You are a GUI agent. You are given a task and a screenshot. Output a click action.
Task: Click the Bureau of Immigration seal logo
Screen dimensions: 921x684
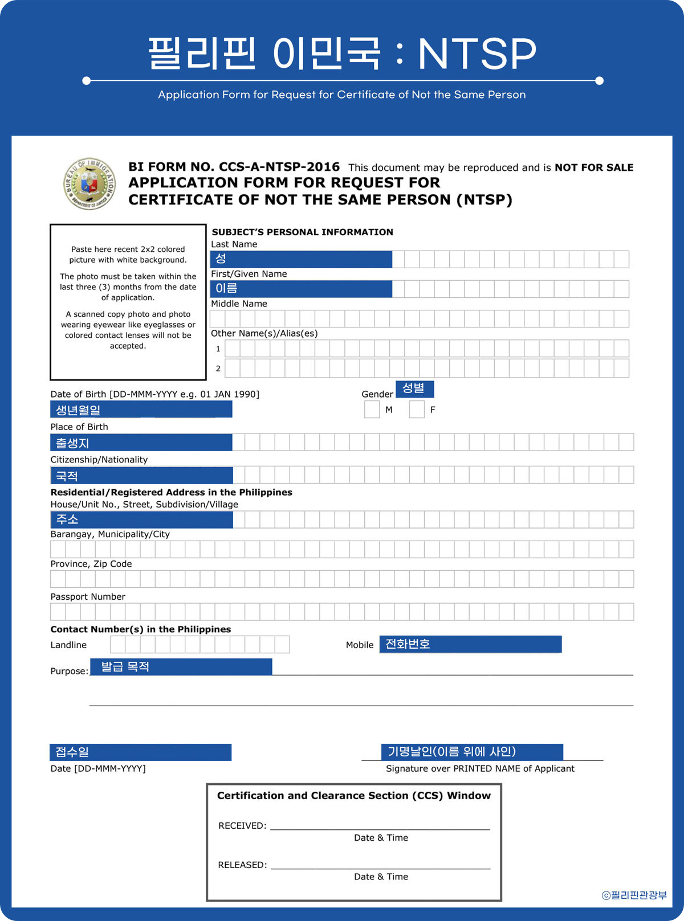point(89,184)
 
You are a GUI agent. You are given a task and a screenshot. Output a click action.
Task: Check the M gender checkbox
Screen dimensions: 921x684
point(372,410)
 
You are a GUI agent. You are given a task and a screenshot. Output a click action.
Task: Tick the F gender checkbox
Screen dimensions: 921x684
point(417,410)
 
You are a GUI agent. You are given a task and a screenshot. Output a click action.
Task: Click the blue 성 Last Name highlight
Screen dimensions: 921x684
point(301,259)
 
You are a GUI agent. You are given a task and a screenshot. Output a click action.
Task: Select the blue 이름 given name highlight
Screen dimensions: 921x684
point(301,289)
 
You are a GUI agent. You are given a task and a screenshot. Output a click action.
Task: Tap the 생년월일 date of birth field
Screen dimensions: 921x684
point(141,410)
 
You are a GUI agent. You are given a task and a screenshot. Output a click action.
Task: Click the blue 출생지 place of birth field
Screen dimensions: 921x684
point(141,443)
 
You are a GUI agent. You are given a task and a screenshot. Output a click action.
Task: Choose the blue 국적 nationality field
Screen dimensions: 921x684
point(141,476)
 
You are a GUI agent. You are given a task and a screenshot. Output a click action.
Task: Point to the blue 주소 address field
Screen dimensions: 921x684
point(141,519)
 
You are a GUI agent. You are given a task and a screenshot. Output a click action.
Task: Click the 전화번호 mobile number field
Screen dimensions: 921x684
point(470,644)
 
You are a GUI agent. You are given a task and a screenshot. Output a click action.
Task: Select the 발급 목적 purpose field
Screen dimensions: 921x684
point(181,667)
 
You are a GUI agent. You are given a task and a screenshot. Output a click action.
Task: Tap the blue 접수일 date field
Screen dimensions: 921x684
point(140,752)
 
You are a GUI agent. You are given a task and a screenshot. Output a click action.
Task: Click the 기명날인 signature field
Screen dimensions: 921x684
point(472,752)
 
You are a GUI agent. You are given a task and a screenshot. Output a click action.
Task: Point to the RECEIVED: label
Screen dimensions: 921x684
point(242,826)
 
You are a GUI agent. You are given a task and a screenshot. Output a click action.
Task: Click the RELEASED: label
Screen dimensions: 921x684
point(242,865)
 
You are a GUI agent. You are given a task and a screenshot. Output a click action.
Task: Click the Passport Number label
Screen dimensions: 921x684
point(88,597)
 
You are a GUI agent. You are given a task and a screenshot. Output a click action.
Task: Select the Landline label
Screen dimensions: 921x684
point(68,645)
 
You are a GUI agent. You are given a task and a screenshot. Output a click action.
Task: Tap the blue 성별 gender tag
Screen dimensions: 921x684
point(414,389)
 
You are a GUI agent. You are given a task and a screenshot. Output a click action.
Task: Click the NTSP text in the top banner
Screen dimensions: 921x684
point(477,54)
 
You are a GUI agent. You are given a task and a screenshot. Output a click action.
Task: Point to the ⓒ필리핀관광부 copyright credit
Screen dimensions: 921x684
point(634,895)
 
